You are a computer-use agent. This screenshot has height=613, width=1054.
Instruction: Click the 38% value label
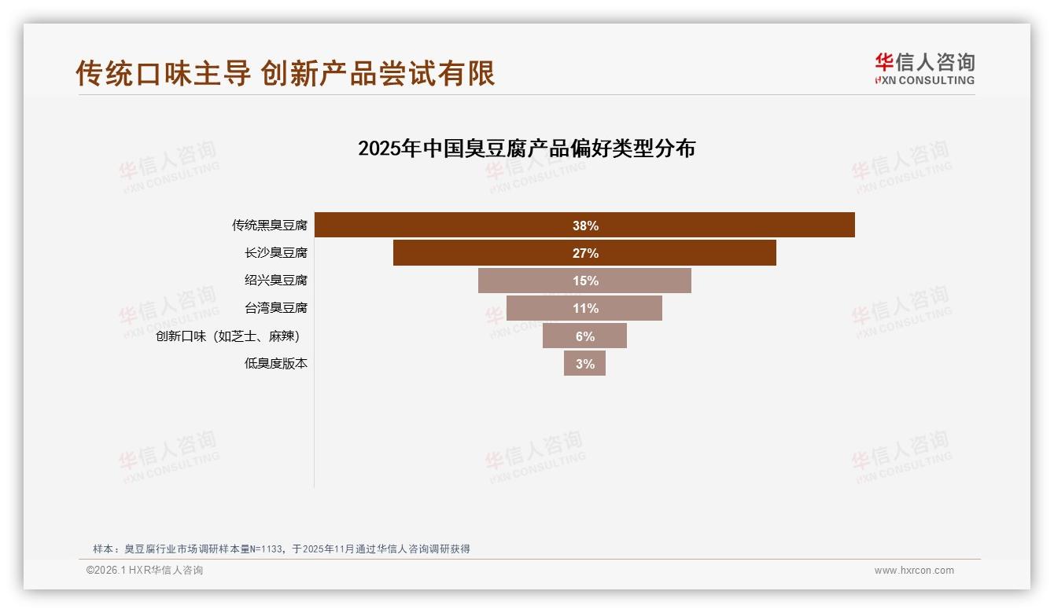585,226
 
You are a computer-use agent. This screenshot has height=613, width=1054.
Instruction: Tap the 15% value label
585,281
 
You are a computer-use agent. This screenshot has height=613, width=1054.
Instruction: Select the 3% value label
585,364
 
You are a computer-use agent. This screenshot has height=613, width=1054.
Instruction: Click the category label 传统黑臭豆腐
269,226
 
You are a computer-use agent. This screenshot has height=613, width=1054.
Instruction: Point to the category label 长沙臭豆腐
275,253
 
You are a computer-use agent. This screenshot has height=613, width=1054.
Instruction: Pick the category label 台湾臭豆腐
275,308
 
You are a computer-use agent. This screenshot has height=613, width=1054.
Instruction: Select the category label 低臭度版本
275,364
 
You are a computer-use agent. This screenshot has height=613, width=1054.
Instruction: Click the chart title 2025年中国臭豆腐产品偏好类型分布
526,149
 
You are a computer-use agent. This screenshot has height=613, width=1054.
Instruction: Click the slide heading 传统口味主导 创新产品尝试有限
286,73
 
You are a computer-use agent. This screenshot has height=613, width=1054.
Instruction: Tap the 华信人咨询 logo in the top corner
924,68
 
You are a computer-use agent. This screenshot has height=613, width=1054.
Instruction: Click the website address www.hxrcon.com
914,571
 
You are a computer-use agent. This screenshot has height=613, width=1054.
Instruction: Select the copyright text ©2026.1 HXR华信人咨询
145,571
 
